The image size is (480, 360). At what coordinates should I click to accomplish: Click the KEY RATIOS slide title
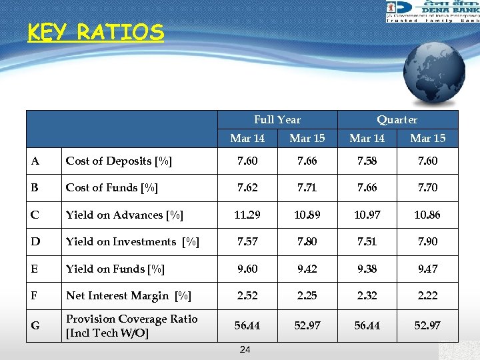[95, 32]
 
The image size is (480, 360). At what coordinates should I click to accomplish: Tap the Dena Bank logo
[433, 11]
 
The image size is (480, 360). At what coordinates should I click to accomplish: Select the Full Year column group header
[277, 120]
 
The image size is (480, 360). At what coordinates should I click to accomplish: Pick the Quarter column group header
[397, 120]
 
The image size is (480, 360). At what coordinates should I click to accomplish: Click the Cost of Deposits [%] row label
[119, 161]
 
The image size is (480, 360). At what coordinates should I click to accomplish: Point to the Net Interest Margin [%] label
[129, 295]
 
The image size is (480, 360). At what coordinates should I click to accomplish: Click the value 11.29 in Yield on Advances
[247, 215]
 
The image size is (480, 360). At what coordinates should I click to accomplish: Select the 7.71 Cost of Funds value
[307, 188]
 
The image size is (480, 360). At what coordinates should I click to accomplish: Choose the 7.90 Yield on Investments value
[427, 242]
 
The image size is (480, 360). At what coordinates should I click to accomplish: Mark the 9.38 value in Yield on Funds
[367, 269]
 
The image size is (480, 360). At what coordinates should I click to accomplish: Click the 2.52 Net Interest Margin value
[247, 295]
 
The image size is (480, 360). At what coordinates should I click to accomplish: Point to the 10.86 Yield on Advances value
[427, 215]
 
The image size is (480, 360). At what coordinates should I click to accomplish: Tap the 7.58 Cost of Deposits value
[367, 161]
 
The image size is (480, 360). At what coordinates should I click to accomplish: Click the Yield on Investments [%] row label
[133, 242]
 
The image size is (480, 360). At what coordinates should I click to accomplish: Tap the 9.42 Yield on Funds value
[307, 269]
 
